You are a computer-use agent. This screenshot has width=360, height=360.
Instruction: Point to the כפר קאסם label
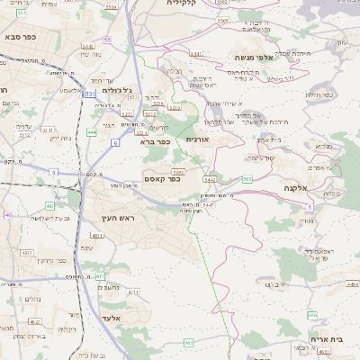click(163, 179)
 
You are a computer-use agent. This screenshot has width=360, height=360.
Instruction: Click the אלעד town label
click(112, 319)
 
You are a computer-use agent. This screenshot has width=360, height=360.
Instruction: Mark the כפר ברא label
click(155, 141)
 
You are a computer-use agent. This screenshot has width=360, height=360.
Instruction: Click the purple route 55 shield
click(107, 40)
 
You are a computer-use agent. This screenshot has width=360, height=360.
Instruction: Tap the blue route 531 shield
click(90, 93)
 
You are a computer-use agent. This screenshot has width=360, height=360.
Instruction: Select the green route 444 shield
click(92, 132)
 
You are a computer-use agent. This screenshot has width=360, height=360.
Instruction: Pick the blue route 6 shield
click(115, 142)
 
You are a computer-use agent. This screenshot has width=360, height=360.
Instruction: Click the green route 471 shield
click(100, 276)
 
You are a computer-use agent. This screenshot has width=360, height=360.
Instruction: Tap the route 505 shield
click(247, 179)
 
